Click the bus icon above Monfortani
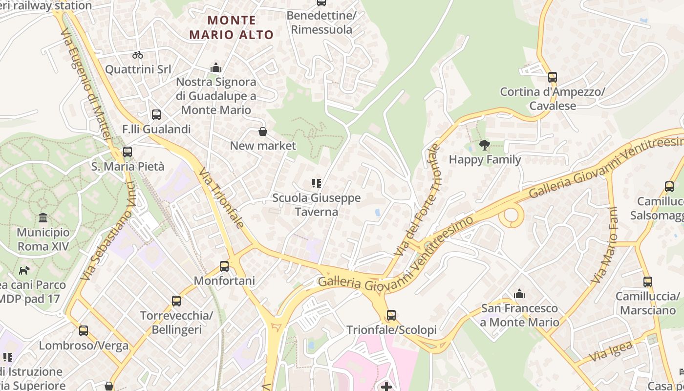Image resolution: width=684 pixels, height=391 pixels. (x=224, y=266)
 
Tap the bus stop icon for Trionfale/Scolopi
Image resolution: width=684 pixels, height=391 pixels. (x=391, y=315)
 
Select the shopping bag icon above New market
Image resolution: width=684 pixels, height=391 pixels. (x=263, y=131)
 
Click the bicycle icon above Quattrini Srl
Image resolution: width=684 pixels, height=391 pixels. (x=138, y=55)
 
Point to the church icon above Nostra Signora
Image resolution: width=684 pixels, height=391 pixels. (x=216, y=68)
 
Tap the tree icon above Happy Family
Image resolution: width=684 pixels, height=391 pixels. (x=485, y=145)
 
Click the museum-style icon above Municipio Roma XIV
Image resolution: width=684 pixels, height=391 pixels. (x=43, y=217)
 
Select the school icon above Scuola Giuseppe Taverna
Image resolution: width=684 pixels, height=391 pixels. (x=317, y=183)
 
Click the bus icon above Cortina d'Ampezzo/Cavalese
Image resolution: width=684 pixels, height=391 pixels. (x=553, y=77)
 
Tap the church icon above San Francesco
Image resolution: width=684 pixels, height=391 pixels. (x=519, y=294)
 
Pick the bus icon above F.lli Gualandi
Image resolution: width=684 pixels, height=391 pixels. (x=156, y=115)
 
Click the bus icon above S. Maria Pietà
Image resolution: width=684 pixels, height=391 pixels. (x=128, y=152)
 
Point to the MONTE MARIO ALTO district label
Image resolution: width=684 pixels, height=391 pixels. (x=232, y=27)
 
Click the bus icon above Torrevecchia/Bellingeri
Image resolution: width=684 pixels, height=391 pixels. (x=176, y=301)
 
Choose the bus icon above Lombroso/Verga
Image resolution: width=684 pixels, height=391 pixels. (x=84, y=331)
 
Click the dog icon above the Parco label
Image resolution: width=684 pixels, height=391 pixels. (x=24, y=270)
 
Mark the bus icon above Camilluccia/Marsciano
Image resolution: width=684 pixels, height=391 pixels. (x=648, y=282)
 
